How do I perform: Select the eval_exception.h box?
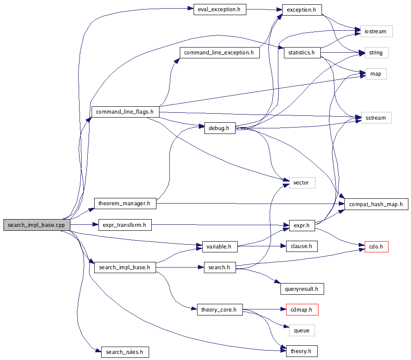point(220,10)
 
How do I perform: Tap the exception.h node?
point(302,10)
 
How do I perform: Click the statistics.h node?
point(302,53)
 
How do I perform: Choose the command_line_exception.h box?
point(219,53)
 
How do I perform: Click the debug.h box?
point(220,128)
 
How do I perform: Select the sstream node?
point(376,118)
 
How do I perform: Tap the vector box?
point(301,182)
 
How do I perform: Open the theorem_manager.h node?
point(125,203)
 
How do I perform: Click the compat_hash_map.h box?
point(376,204)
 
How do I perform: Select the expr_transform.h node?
point(125,225)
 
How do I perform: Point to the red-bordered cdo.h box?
point(376,247)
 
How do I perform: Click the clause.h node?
point(302,246)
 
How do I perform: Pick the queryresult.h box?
point(302,289)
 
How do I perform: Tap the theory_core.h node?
point(219,309)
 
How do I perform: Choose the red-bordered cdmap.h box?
point(302,309)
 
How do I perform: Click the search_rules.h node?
point(125,352)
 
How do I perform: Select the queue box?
point(302,331)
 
